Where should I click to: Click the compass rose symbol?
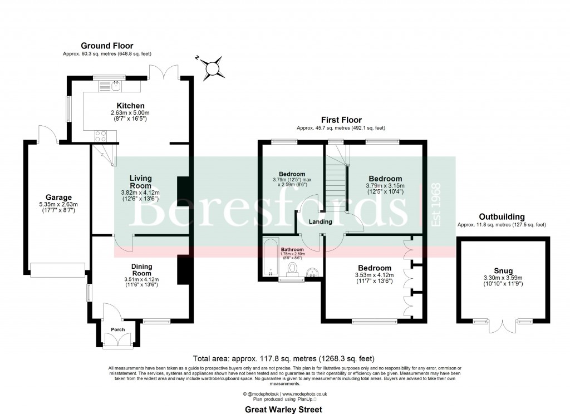click(x=212, y=68)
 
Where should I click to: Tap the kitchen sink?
click(x=116, y=86)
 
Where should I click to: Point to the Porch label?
click(x=118, y=329)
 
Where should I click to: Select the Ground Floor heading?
click(x=107, y=46)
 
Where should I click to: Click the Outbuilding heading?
click(x=502, y=216)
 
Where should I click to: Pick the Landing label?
click(x=321, y=221)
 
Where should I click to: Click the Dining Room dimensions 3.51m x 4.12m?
click(x=134, y=279)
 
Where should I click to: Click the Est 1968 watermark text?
click(x=436, y=204)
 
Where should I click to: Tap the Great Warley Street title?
click(x=284, y=409)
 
